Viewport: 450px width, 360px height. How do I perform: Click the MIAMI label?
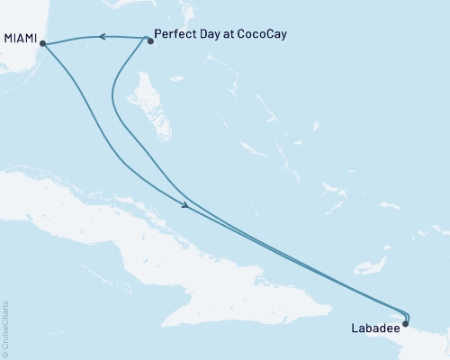pyautogui.click(x=21, y=40)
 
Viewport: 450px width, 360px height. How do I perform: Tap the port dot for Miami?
pyautogui.click(x=43, y=42)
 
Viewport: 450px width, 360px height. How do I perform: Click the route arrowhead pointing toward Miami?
pyautogui.click(x=102, y=37)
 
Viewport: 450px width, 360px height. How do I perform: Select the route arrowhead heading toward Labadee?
pyautogui.click(x=185, y=207)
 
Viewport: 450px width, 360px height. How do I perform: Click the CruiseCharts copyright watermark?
pyautogui.click(x=6, y=328)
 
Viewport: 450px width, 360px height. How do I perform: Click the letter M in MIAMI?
pyautogui.click(x=8, y=40)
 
